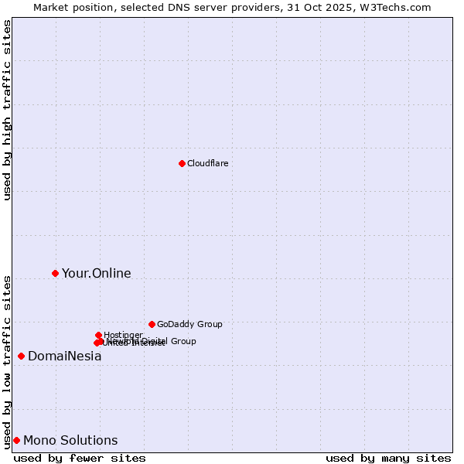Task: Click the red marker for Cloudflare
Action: (x=182, y=163)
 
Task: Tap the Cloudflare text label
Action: (x=207, y=163)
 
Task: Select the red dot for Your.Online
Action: (x=55, y=273)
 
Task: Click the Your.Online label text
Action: (x=96, y=273)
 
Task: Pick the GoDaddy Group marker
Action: (x=152, y=324)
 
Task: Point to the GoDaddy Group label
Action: (x=189, y=324)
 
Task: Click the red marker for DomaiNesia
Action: (x=21, y=356)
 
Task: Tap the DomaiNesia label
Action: (x=64, y=357)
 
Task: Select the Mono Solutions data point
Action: (x=16, y=440)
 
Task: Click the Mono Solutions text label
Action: (x=70, y=441)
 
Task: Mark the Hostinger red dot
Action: (x=98, y=335)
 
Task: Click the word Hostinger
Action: (x=123, y=335)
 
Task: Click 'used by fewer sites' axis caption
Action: (x=80, y=458)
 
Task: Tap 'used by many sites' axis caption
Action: (x=388, y=458)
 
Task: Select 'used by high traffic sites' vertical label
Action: (x=7, y=110)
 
